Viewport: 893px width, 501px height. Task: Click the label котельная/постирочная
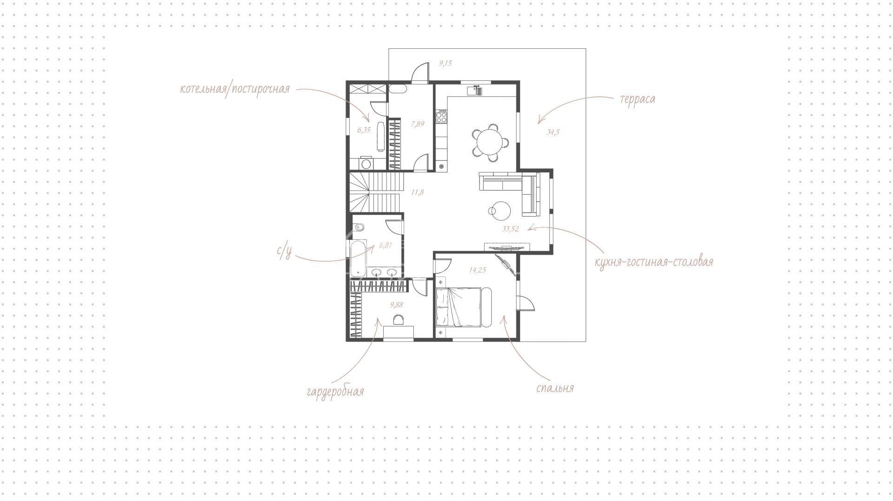[x=235, y=89]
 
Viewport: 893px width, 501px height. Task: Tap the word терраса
[x=637, y=99]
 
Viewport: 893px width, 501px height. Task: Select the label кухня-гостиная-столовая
[x=654, y=262]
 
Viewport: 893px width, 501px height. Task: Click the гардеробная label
[x=335, y=391]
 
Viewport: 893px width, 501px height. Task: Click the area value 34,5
[x=553, y=132]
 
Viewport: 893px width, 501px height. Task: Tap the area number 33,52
[x=511, y=229]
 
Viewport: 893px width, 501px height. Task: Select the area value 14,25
[x=478, y=270]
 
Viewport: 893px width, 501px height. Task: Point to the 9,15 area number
[x=445, y=63]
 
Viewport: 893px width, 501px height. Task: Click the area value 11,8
[x=417, y=192]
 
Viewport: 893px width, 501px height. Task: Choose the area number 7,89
[x=418, y=124]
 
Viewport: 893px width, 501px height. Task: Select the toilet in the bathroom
[x=359, y=228]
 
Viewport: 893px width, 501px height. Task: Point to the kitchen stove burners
[x=441, y=117]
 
